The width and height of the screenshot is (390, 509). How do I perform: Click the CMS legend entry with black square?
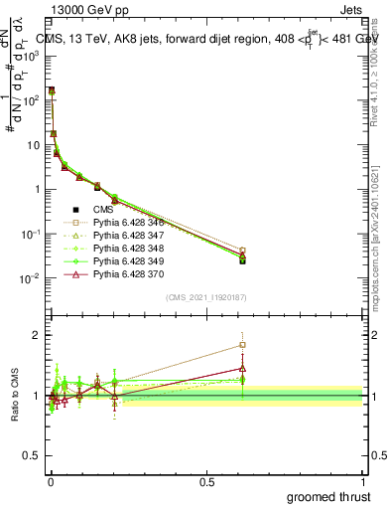[x=104, y=210]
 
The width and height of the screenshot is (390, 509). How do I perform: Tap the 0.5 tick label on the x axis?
[x=206, y=480]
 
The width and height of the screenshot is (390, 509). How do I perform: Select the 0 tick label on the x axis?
[x=51, y=480]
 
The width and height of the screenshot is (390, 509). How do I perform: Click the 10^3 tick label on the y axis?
[x=32, y=56]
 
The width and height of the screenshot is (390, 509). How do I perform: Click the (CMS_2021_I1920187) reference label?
[x=205, y=296]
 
